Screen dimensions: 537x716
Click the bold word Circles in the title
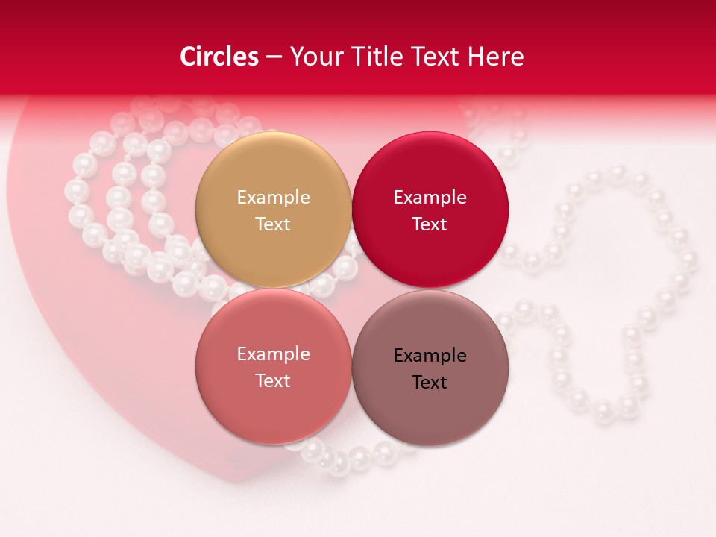click(219, 57)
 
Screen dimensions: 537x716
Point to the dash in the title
click(273, 57)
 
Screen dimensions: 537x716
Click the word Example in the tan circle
click(273, 197)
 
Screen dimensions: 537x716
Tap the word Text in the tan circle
click(273, 224)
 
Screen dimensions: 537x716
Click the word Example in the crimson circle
click(430, 197)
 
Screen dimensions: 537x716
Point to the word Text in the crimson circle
click(430, 224)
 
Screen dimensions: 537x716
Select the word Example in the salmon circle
click(273, 354)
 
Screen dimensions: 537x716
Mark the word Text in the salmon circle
click(273, 380)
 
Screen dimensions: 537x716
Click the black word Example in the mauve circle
click(430, 355)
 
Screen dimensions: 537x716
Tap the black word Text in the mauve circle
click(430, 382)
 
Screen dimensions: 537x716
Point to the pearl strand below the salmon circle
click(351, 456)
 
